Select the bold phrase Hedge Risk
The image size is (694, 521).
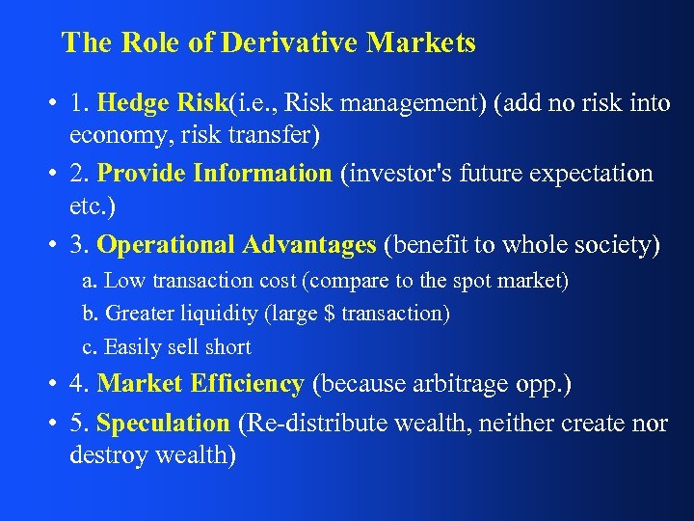tap(164, 102)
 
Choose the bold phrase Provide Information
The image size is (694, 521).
tap(214, 174)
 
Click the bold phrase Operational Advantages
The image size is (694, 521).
tap(236, 246)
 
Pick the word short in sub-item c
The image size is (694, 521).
tap(227, 347)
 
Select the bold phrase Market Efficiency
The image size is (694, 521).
tap(200, 384)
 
